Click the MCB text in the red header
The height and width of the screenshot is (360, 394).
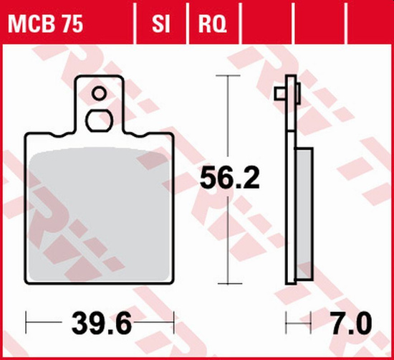click(x=30, y=25)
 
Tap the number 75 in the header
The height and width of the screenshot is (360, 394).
click(x=69, y=25)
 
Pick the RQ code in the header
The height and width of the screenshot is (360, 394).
click(x=212, y=25)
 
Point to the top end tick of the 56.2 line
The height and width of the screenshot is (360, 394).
click(x=229, y=75)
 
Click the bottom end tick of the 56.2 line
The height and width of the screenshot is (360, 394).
click(x=229, y=282)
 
